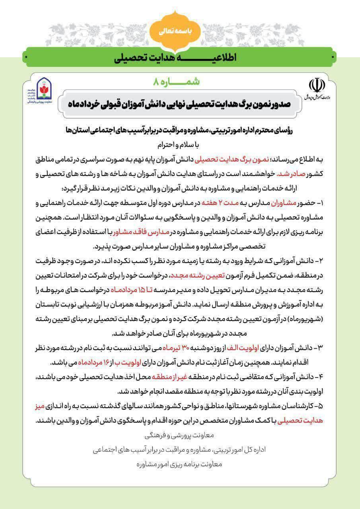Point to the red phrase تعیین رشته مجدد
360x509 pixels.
[x=192, y=276]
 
